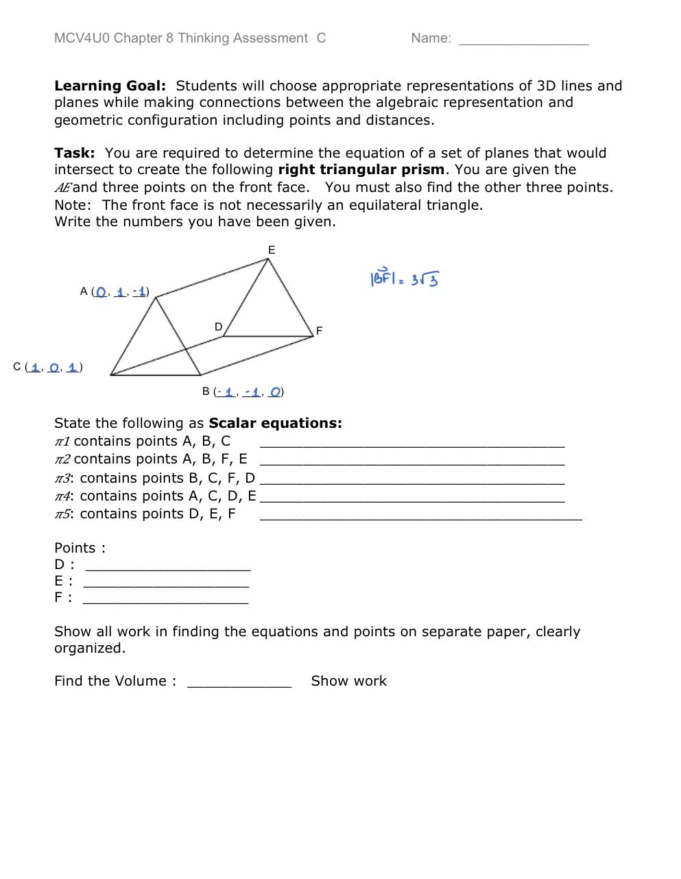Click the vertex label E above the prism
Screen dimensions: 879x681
(x=272, y=250)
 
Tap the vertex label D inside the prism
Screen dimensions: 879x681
(x=218, y=327)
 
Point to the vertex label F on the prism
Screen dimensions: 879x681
(x=319, y=331)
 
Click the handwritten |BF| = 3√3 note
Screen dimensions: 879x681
(x=405, y=278)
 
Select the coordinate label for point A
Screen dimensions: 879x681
(x=115, y=291)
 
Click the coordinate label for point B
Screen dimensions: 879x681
(x=243, y=392)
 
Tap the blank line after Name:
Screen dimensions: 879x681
(x=523, y=40)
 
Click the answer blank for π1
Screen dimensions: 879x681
(x=411, y=442)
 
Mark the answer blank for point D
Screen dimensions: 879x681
(x=167, y=566)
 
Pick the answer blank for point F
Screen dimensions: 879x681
(x=165, y=599)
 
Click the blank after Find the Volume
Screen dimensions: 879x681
(x=239, y=682)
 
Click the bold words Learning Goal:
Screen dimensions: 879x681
(x=110, y=86)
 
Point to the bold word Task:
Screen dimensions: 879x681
(x=74, y=153)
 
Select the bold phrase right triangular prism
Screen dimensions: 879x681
(x=361, y=169)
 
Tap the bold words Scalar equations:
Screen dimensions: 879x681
(x=275, y=423)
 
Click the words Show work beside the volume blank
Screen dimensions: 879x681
(x=348, y=681)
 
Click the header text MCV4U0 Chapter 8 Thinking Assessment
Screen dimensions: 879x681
(x=181, y=38)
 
